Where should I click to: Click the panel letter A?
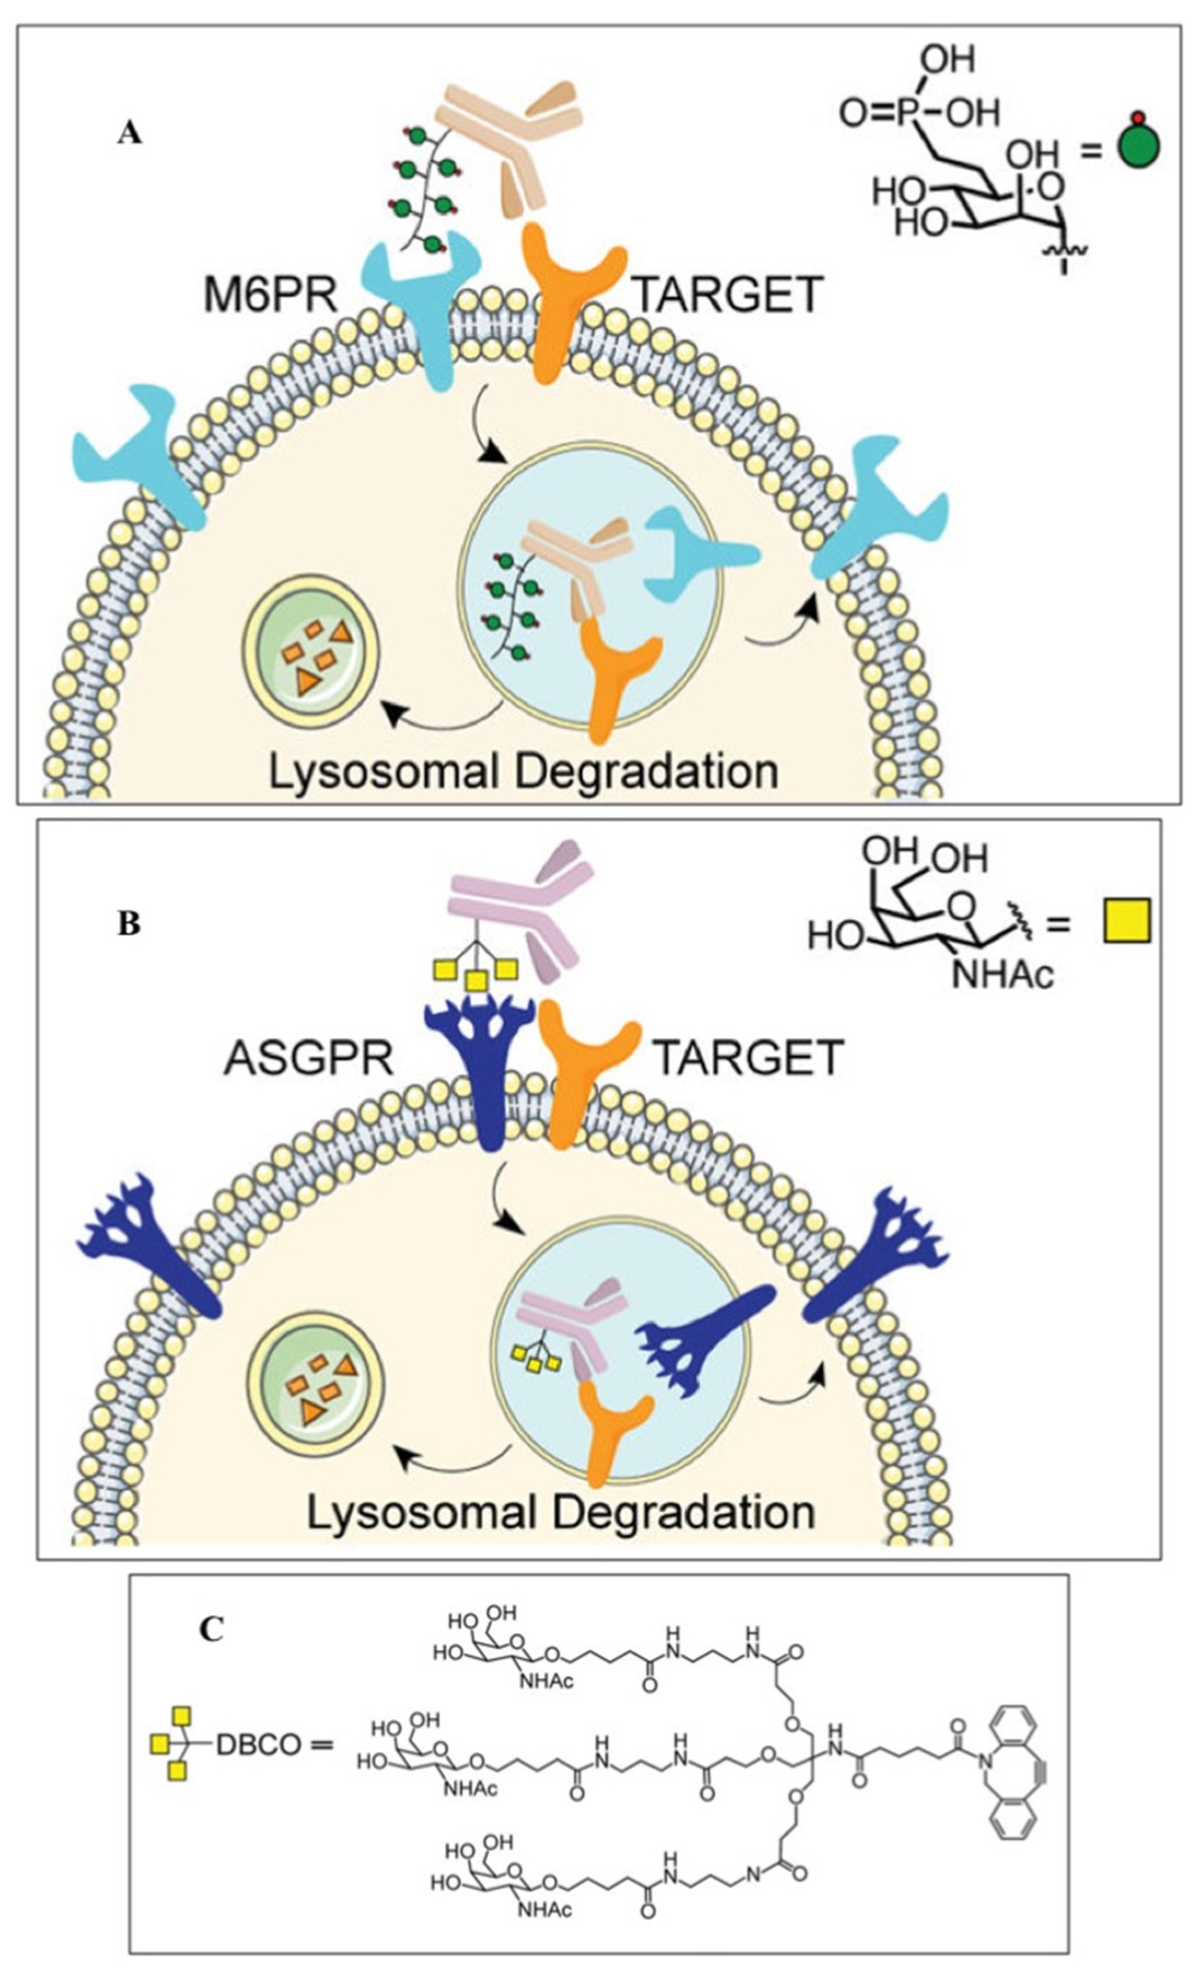click(129, 134)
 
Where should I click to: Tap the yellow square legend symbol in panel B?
click(1125, 921)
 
